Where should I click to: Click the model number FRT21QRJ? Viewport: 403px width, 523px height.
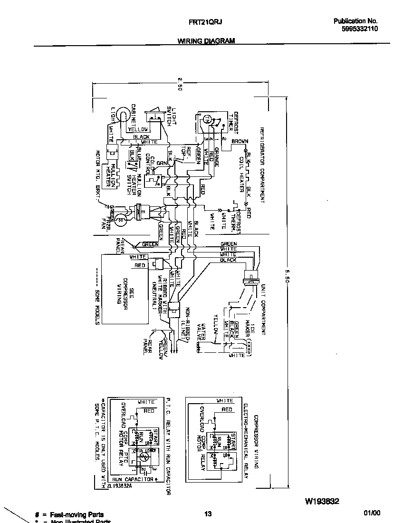[x=206, y=22]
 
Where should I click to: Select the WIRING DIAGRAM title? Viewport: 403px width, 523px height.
[x=206, y=41]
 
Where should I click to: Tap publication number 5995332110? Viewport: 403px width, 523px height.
[x=359, y=29]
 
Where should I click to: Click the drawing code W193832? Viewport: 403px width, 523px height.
[x=321, y=501]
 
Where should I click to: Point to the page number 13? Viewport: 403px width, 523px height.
[x=208, y=514]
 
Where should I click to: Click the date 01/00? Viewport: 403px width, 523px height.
[x=372, y=513]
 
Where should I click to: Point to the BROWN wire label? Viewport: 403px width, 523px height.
[x=240, y=141]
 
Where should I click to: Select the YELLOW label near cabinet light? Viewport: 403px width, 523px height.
[x=138, y=129]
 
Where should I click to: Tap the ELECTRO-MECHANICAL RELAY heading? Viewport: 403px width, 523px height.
[x=246, y=435]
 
